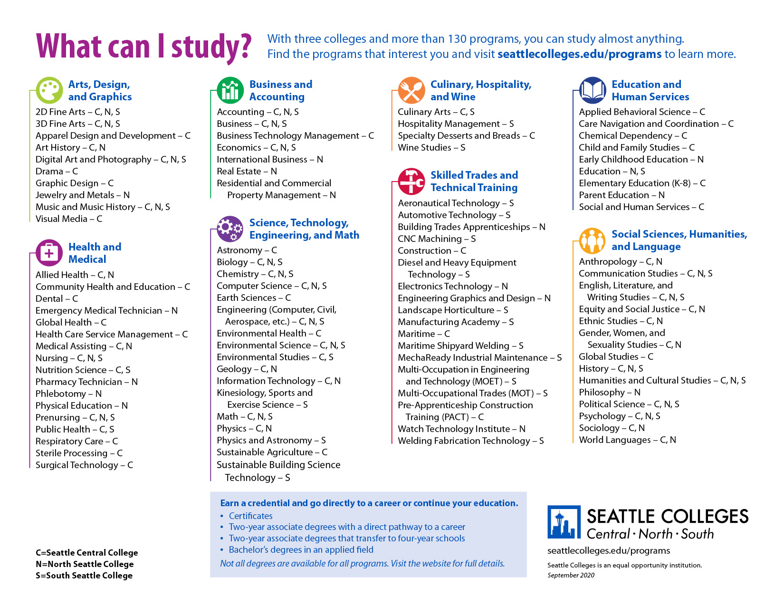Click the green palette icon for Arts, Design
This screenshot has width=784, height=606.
(49, 90)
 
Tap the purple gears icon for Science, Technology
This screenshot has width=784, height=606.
(230, 229)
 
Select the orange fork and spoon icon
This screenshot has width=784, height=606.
(411, 90)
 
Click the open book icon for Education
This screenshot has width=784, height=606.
(593, 90)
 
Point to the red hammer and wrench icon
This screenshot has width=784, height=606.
(411, 182)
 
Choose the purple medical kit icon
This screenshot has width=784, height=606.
(49, 253)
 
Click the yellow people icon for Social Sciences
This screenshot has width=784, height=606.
(592, 240)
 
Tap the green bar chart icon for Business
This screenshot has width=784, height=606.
(230, 90)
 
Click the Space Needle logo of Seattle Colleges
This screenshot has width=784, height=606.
(564, 522)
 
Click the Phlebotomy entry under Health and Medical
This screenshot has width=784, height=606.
(68, 394)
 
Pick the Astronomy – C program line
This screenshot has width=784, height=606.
(247, 250)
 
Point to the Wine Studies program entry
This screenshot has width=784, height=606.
(431, 147)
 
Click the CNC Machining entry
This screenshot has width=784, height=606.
(437, 239)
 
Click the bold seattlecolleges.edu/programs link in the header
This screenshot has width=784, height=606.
(579, 54)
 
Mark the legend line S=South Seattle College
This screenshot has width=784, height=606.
(84, 575)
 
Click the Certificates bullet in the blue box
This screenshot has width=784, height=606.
(250, 516)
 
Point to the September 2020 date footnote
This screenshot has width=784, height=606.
(571, 575)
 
